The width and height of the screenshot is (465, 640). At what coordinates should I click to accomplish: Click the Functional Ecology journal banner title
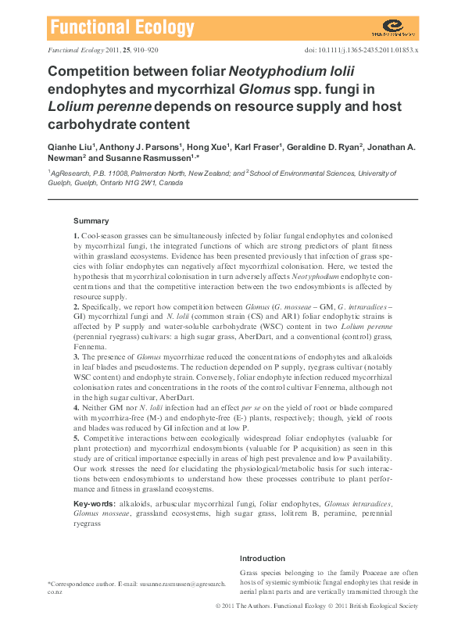pyautogui.click(x=122, y=28)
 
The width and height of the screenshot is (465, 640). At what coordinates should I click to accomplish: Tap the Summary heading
pyautogui.click(x=91, y=221)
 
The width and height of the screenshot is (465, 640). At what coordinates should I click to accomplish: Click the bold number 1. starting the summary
pyautogui.click(x=76, y=235)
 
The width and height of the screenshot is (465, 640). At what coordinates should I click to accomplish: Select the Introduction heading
pyautogui.click(x=263, y=559)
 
